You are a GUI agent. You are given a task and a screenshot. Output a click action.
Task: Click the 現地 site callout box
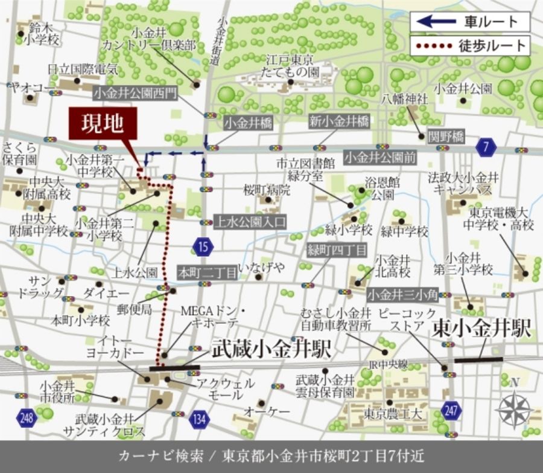[103, 124]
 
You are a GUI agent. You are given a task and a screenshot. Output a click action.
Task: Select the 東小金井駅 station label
[482, 330]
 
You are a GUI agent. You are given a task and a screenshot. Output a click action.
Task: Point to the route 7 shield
[486, 146]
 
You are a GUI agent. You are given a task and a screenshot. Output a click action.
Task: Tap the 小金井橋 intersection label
[248, 123]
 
